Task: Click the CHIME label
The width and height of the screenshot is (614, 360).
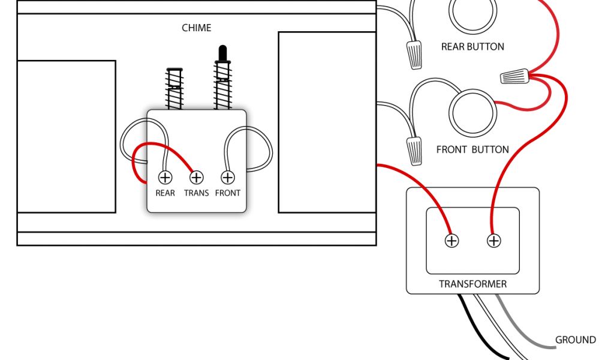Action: pos(197,28)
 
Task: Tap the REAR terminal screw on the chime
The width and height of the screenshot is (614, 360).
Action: pos(165,178)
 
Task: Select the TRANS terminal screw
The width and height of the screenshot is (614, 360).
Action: pos(196,178)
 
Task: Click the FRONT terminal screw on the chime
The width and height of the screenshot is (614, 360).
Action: pos(227,178)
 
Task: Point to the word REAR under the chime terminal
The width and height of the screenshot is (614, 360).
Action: pos(165,193)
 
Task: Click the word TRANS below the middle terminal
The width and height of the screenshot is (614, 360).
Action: pos(196,193)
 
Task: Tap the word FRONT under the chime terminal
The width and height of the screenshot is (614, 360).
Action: pos(227,193)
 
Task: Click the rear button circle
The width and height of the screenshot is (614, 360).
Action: pos(472,15)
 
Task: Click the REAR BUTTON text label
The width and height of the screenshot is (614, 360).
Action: pos(472,47)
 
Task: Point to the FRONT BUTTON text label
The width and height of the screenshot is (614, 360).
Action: pos(472,149)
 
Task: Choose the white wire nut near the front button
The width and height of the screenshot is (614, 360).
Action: pos(414,149)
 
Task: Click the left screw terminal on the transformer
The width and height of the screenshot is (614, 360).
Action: pos(451,241)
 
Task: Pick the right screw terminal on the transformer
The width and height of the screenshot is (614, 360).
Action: pos(493,241)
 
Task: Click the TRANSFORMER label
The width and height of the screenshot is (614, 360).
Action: pos(472,284)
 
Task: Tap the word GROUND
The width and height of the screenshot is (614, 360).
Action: pos(575,340)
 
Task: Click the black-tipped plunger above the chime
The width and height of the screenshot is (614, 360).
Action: pos(222,54)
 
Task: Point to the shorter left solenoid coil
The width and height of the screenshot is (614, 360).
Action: pos(174,88)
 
